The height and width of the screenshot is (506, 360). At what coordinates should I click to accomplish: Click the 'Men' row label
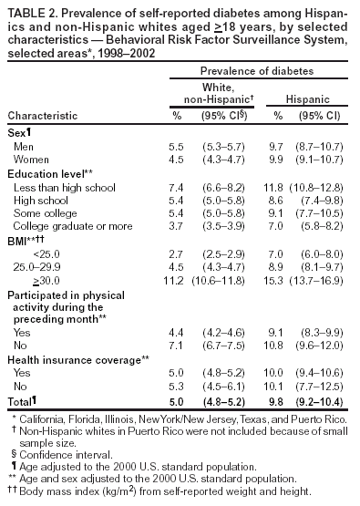[x=25, y=146]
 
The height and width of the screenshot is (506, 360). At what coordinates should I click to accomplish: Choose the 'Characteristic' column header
[x=41, y=117]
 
